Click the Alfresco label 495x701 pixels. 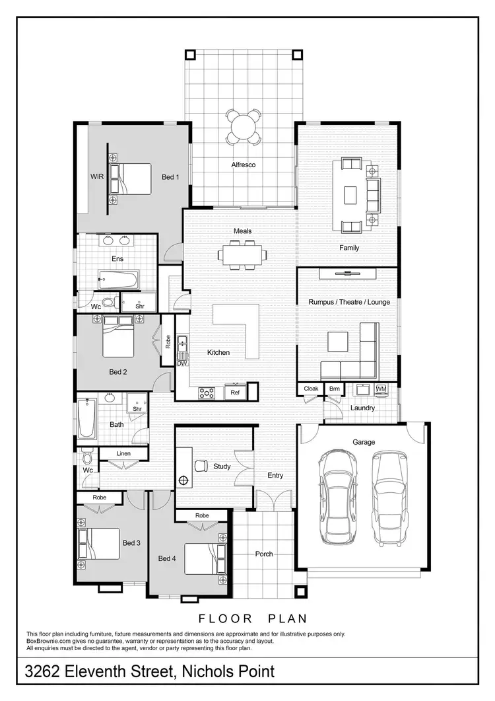coord(243,165)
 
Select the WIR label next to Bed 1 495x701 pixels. coord(98,177)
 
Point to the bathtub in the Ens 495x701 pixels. coord(117,280)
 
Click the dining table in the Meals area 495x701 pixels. coord(244,254)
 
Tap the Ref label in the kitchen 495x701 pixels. coord(234,392)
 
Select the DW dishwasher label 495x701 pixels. coord(183,363)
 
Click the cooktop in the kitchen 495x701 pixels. coord(207,392)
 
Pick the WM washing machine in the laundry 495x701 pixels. coord(380,388)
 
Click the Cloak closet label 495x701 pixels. coord(311,388)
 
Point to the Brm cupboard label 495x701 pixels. coord(335,388)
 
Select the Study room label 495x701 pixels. coord(222,466)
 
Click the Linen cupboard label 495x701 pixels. coord(123,453)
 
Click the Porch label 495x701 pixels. coord(264,554)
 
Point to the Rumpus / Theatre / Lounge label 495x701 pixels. coord(349,302)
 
